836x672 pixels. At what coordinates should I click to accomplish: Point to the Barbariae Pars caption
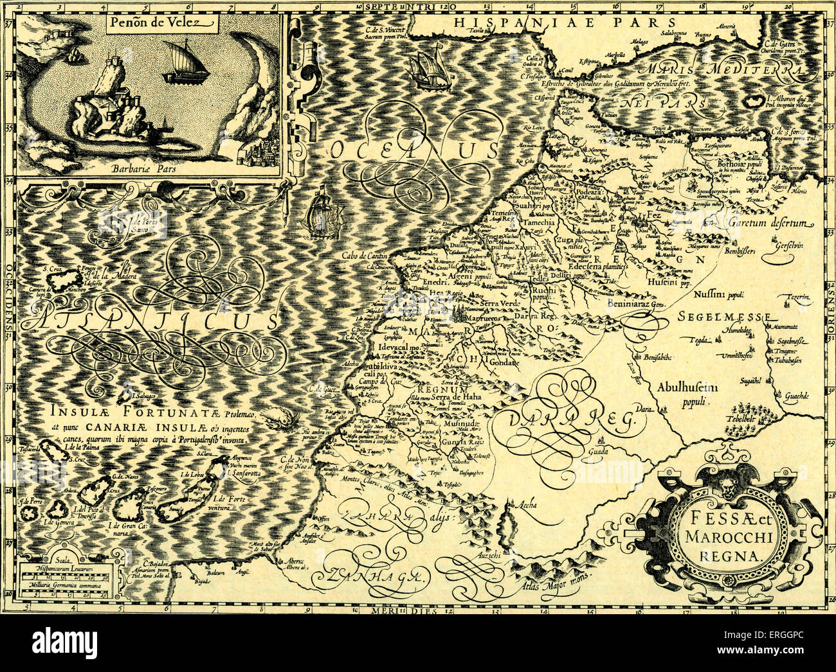[152, 170]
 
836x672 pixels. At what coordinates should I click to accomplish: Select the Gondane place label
[503, 362]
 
